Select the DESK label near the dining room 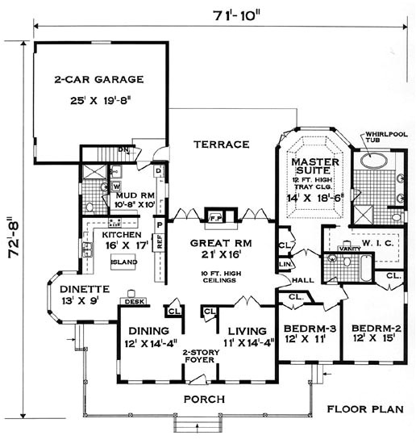click(x=132, y=304)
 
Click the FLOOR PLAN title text click(x=365, y=409)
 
